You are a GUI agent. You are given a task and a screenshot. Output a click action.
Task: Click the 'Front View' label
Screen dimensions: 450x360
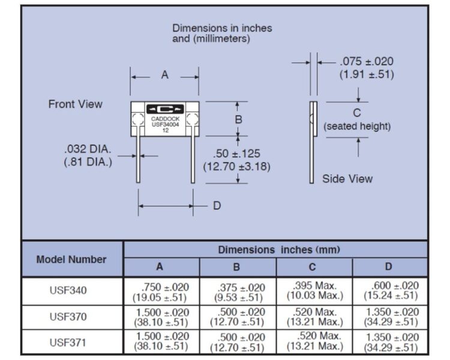(x=75, y=104)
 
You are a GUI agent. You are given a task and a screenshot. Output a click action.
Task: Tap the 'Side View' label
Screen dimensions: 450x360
(x=347, y=179)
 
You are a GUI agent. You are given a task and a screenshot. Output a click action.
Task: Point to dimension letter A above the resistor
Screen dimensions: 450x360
(x=165, y=75)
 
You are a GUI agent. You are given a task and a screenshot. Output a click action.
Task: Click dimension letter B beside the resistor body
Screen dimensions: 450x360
(x=238, y=119)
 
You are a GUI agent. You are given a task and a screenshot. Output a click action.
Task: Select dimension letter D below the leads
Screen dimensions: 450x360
(x=217, y=206)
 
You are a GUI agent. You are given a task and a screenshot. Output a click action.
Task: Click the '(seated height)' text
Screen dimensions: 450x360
(x=357, y=127)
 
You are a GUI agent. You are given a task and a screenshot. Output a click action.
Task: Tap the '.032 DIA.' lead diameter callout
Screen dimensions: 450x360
(x=88, y=149)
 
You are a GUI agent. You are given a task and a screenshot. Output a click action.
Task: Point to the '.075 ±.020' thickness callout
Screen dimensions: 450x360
(x=367, y=61)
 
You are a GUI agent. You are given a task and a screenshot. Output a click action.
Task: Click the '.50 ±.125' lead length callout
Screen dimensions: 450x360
(x=236, y=154)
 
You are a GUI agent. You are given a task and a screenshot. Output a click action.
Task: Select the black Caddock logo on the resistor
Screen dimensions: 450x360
(x=165, y=109)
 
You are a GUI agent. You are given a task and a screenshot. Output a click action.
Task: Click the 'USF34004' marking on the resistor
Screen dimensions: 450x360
(x=166, y=125)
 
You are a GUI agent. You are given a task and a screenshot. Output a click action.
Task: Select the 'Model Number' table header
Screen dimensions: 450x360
(x=71, y=260)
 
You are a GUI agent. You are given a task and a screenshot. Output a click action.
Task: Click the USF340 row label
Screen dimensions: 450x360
(x=68, y=290)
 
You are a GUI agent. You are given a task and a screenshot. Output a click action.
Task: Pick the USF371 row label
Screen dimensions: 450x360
(x=68, y=343)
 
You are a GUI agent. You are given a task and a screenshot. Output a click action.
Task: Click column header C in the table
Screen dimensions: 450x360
(x=312, y=267)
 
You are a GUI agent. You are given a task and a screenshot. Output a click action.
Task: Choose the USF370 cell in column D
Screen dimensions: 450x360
(x=391, y=317)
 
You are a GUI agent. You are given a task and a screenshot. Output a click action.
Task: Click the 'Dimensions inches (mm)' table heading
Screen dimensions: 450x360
(x=279, y=250)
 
